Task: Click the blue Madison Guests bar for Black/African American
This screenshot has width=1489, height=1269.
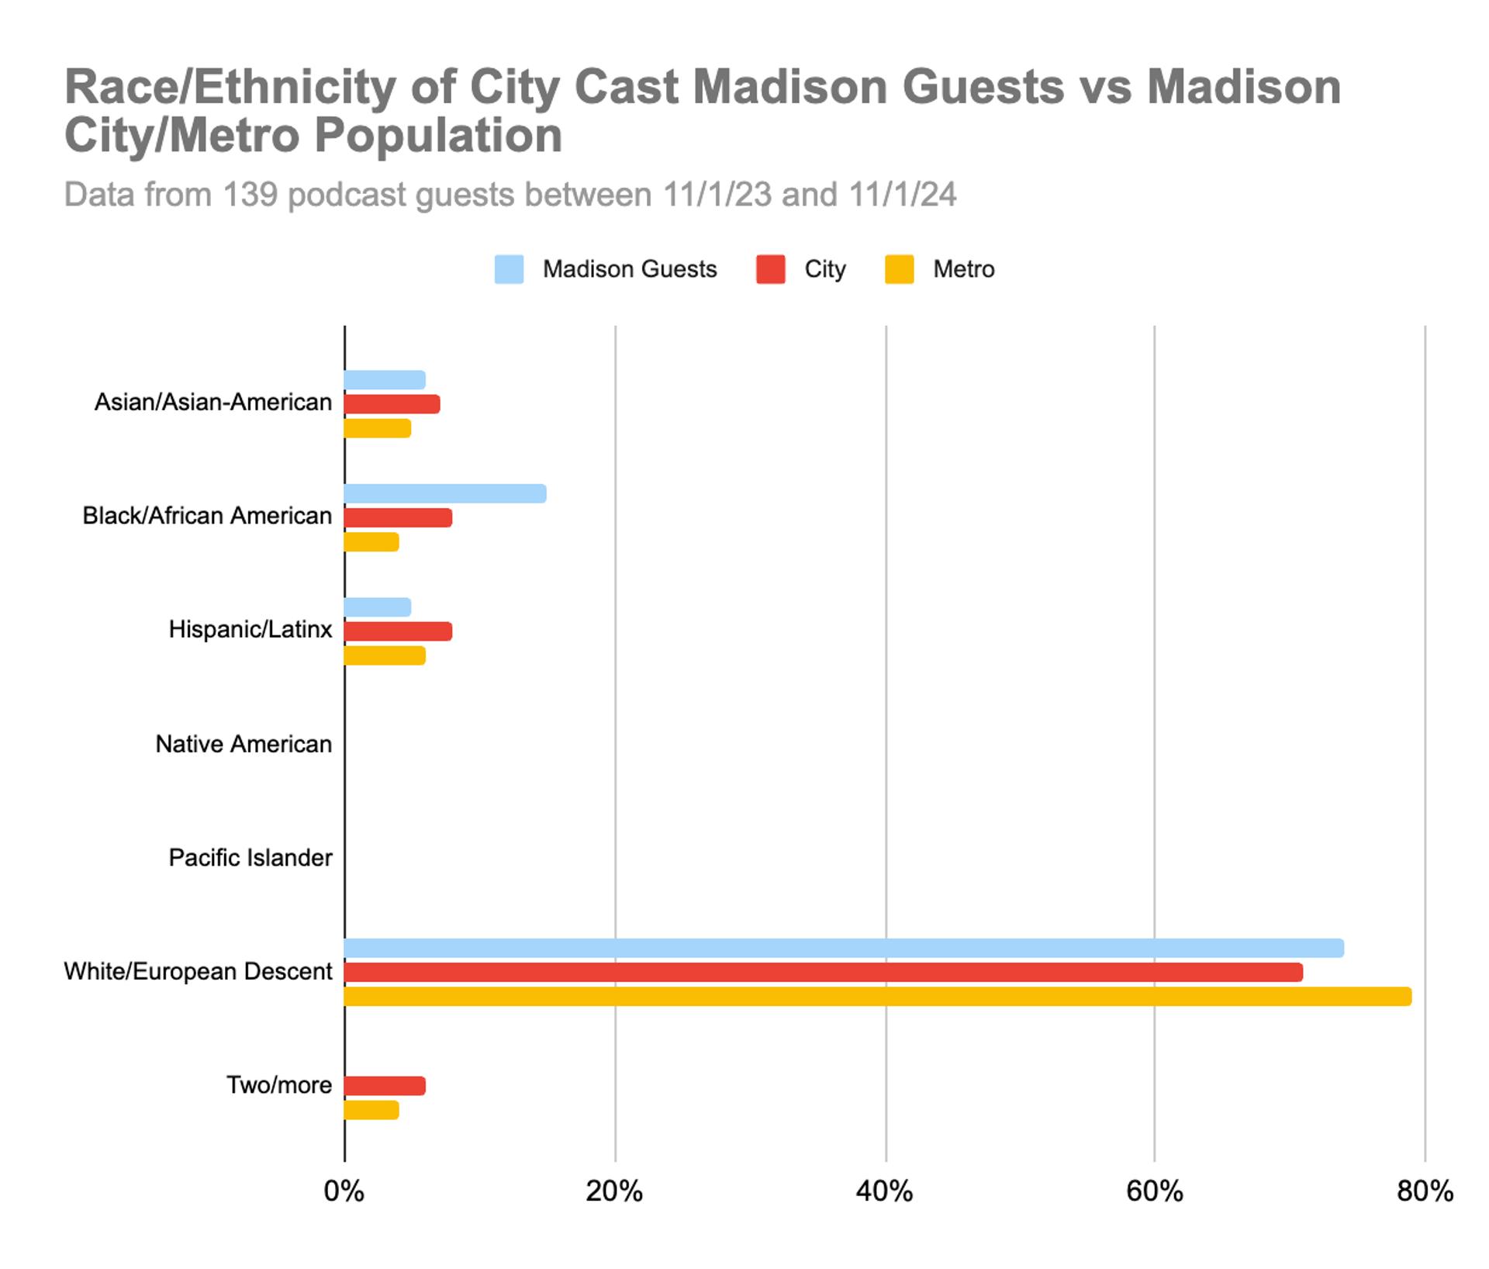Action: (x=445, y=493)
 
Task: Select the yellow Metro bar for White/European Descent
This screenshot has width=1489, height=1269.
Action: (x=877, y=997)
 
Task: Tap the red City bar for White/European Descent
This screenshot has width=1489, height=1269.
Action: (x=823, y=972)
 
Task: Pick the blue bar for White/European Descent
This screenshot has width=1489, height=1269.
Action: (x=844, y=948)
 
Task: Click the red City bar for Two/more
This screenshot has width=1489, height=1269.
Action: (x=385, y=1086)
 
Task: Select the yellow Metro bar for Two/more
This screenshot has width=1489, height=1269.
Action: (x=371, y=1110)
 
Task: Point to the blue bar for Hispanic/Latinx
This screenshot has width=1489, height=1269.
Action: (x=378, y=607)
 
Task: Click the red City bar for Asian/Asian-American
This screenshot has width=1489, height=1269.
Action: (x=392, y=404)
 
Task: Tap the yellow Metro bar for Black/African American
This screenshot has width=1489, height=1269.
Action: (x=371, y=542)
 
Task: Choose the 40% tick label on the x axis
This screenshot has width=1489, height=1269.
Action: (x=884, y=1191)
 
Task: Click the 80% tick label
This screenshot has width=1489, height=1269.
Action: (x=1425, y=1191)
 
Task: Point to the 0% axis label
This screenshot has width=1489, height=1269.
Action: (x=344, y=1191)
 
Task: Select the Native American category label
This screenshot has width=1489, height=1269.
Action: (x=244, y=744)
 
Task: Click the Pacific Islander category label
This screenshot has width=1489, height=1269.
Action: (x=250, y=858)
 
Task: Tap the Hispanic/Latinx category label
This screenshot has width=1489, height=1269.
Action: (x=250, y=629)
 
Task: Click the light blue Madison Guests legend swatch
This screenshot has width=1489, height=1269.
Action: (x=509, y=269)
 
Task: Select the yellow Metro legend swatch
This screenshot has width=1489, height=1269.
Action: (x=899, y=269)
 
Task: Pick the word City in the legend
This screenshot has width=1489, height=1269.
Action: (x=824, y=269)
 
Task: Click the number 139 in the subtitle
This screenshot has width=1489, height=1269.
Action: (x=250, y=195)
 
